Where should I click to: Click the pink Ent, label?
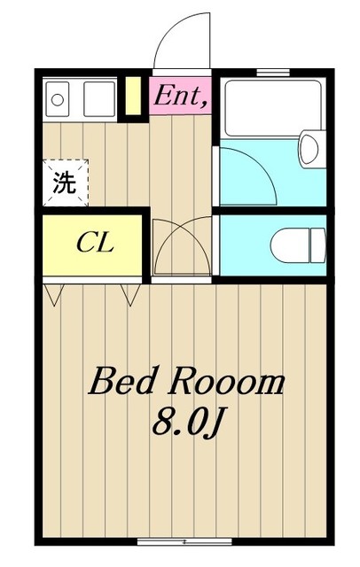point(181,96)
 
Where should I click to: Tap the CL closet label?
point(96,244)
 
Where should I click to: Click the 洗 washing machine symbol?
point(65,183)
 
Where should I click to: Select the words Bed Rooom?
point(186,381)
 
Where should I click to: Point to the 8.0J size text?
point(187,423)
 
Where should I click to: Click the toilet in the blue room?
point(299,245)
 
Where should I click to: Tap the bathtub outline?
point(272,108)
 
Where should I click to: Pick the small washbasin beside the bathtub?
point(309,149)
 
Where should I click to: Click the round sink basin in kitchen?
point(57,100)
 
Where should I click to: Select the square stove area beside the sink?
point(99,98)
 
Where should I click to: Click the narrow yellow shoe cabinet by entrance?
point(133,97)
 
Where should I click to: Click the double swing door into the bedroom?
point(182,246)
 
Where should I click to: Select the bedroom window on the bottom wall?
point(184,541)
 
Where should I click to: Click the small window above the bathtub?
point(273,73)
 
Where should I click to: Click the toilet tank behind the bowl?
point(318,245)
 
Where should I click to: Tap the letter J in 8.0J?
point(213,423)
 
